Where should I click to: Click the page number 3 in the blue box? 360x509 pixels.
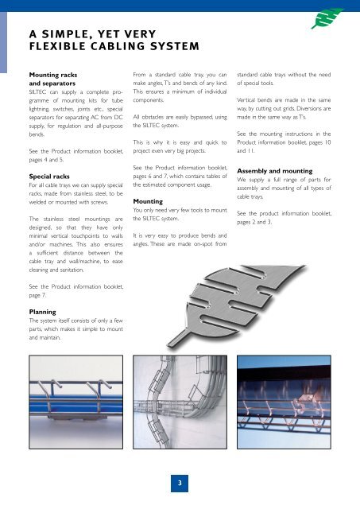pyautogui.click(x=180, y=481)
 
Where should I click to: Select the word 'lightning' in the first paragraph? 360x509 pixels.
pyautogui.click(x=44, y=115)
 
